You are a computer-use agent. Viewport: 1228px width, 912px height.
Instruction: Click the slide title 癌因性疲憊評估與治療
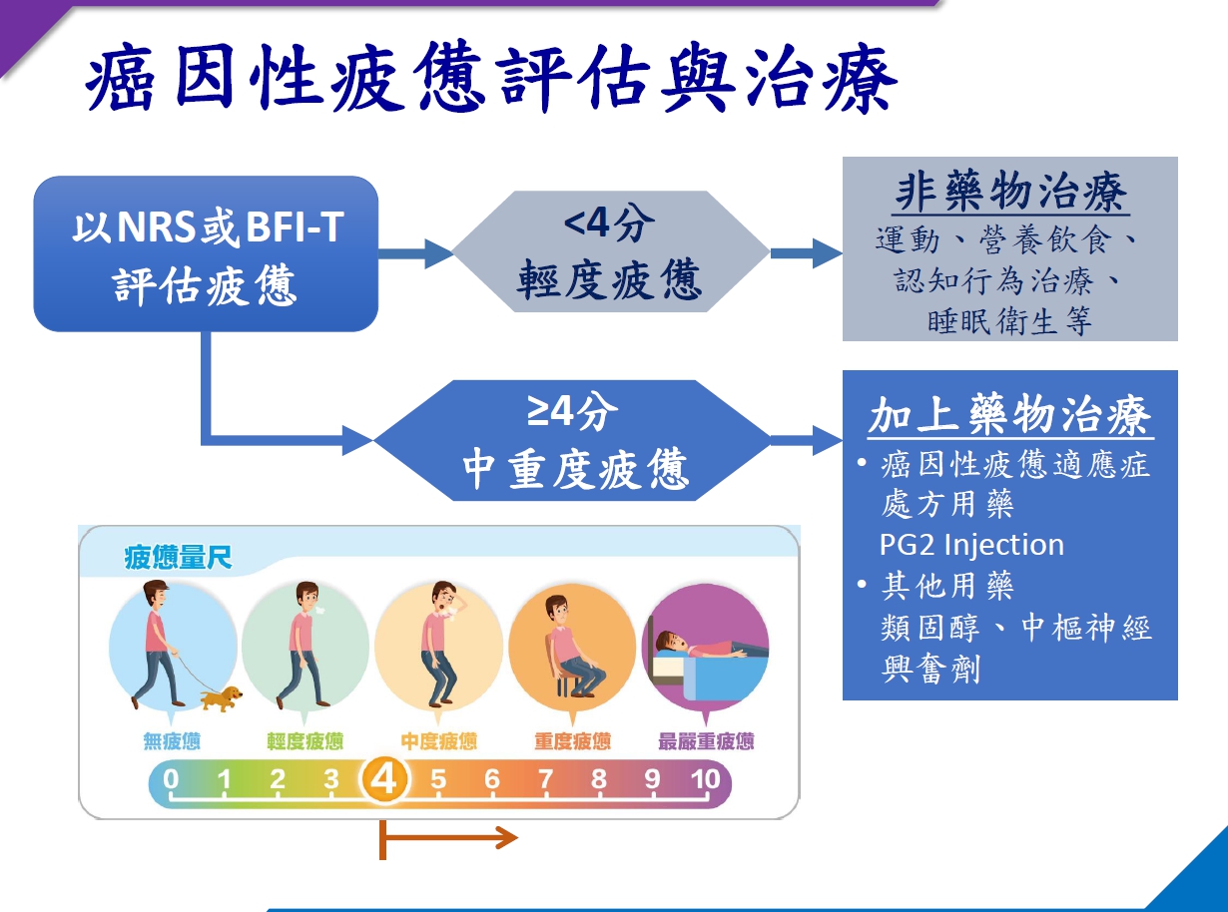490,78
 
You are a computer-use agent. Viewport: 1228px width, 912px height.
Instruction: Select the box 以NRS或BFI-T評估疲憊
206,254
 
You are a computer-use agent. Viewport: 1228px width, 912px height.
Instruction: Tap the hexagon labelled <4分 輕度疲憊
611,251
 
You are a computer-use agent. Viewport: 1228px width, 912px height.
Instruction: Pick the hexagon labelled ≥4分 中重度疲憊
573,440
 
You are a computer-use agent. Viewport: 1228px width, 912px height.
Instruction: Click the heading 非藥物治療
1011,192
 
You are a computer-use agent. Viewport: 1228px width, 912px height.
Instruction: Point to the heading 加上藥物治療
1010,415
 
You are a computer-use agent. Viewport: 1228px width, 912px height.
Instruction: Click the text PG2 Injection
971,545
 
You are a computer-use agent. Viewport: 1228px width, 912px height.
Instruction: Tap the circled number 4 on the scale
384,779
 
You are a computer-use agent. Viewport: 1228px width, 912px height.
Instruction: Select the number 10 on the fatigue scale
705,779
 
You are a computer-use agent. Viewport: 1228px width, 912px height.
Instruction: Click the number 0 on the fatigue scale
171,779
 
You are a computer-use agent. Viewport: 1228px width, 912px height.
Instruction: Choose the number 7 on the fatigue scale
545,779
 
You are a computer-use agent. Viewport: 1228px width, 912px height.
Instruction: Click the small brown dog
222,698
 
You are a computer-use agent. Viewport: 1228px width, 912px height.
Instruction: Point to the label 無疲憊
172,741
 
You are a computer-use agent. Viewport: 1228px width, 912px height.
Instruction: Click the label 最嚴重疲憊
706,741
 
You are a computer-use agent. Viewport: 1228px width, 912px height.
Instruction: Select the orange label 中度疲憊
438,741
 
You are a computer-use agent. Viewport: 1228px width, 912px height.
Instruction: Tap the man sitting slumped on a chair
573,647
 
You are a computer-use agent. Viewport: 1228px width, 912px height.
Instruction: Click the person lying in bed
710,646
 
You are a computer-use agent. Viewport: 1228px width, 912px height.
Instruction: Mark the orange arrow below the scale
448,838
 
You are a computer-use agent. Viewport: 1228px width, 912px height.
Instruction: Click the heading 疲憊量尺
178,557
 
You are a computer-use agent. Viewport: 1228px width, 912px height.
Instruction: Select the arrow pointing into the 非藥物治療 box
806,253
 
